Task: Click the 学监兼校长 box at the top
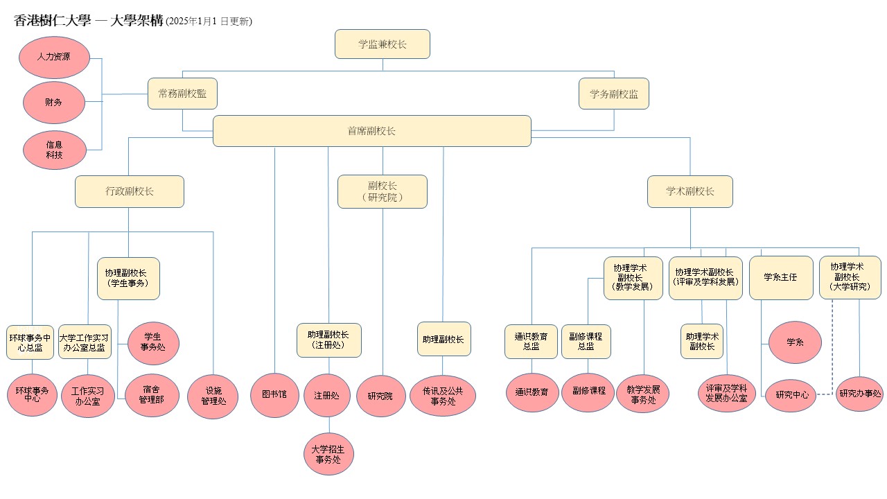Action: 383,44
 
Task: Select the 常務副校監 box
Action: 182,94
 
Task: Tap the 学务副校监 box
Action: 614,94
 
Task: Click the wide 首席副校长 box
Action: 372,131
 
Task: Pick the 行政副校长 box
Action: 130,191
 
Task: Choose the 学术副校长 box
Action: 690,191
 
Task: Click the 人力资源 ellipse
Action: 54,58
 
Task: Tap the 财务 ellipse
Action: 54,103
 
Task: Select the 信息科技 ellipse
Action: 55,150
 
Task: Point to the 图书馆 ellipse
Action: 274,395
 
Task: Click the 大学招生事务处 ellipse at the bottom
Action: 328,454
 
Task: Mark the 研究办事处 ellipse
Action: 860,394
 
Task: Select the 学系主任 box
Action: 781,277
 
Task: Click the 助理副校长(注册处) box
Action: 328,340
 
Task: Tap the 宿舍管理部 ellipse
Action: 152,395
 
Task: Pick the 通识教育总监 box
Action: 531,342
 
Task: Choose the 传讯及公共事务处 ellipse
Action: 443,396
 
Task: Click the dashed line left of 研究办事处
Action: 825,394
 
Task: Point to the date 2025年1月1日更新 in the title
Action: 209,21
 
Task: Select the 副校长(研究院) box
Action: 383,191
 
